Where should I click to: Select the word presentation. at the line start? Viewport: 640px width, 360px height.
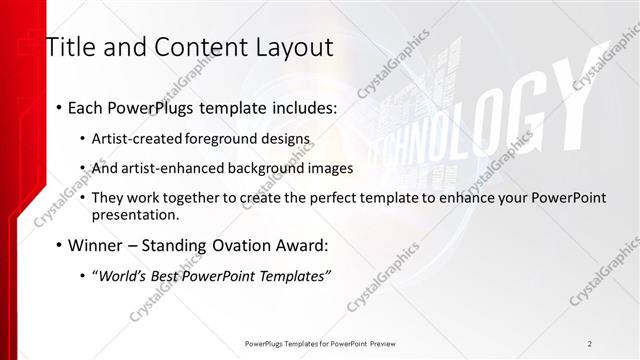[x=135, y=214]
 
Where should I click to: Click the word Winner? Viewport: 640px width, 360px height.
[x=96, y=245]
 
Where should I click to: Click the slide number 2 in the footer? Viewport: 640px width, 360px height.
[x=590, y=343]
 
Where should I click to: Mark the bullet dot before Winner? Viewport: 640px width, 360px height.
[x=59, y=246]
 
